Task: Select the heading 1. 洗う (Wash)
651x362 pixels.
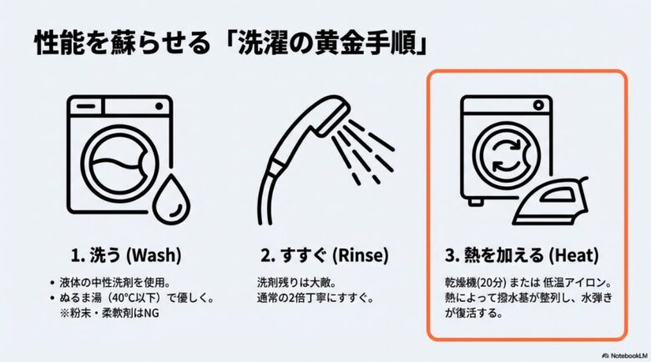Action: [125, 253]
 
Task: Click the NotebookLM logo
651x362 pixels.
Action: [622, 354]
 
